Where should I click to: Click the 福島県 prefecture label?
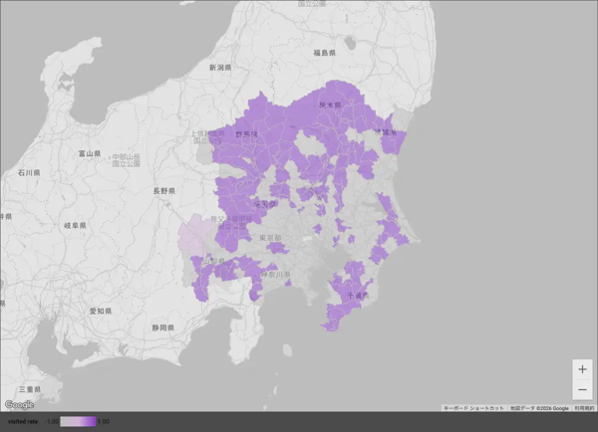point(324,52)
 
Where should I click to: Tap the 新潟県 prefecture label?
point(220,68)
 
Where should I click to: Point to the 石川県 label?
point(28,172)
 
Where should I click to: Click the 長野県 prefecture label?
point(164,190)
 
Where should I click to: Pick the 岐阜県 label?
point(74,226)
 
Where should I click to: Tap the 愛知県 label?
point(100,311)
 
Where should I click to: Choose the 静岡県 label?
point(164,326)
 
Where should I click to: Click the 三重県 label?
point(30,387)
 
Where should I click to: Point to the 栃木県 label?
point(331,104)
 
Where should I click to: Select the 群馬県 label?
point(246,133)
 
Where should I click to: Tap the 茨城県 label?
point(385,131)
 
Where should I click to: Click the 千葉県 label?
point(357,296)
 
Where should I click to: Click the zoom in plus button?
point(582,369)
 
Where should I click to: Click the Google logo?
point(18,404)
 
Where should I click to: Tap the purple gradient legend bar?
point(78,422)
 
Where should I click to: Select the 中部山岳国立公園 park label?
point(127,158)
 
